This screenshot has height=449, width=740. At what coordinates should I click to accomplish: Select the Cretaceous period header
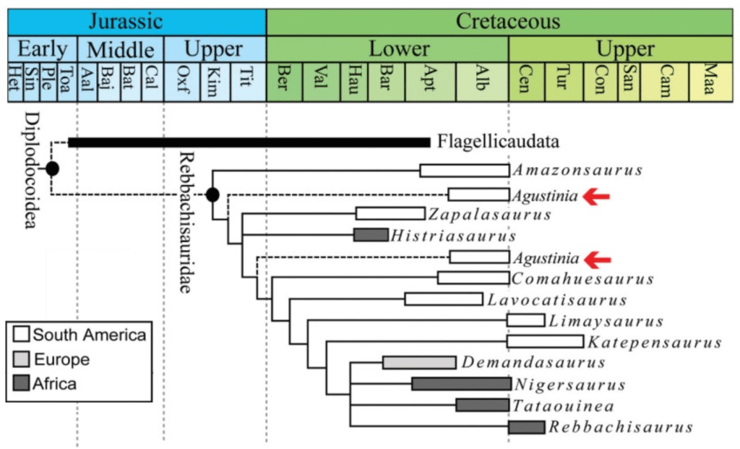pos(507,20)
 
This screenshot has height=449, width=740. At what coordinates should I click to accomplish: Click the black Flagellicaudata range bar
pos(249,142)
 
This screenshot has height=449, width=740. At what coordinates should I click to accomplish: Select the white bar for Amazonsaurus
pos(465,171)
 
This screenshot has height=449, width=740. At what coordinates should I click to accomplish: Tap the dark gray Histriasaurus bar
pos(371,234)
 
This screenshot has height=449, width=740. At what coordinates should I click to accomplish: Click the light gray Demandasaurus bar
pos(419,362)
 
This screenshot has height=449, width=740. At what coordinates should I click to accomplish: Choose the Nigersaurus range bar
pos(460,384)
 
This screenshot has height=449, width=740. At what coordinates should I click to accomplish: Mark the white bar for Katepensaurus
pos(545,341)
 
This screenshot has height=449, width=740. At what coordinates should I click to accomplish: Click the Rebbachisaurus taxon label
pos(621,427)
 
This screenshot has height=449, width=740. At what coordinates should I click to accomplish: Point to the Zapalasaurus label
pos(489,215)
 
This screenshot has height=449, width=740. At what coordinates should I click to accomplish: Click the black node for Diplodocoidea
pos(52,169)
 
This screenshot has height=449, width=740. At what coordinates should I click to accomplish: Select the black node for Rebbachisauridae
pos(212,194)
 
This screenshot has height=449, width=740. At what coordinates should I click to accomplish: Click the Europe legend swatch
pos(20,359)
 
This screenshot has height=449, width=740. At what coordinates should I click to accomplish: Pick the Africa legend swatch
pos(20,384)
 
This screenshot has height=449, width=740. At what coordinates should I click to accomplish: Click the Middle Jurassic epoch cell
pos(120,50)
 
